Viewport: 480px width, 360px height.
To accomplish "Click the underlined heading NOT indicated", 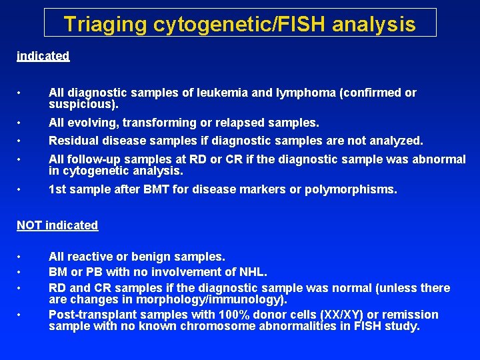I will pos(57,225).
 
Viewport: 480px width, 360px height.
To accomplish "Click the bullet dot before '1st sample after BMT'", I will pos(21,190).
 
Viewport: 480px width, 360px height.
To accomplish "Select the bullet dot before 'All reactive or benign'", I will pos(21,257).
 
